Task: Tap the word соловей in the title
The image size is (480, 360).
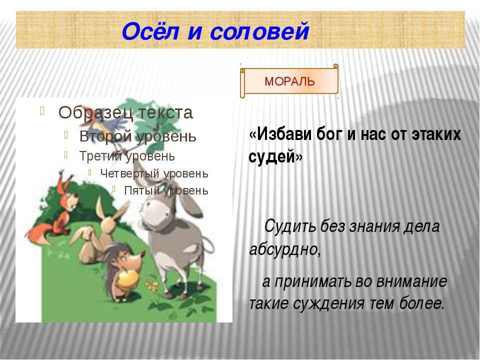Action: pyautogui.click(x=259, y=31)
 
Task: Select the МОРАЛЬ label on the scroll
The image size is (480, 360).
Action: pyautogui.click(x=289, y=81)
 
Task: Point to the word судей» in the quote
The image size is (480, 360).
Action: pyautogui.click(x=275, y=156)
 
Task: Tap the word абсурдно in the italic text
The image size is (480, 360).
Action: pyautogui.click(x=285, y=249)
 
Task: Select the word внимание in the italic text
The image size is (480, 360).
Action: pyautogui.click(x=411, y=281)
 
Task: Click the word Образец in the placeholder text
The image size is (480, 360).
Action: pyautogui.click(x=96, y=112)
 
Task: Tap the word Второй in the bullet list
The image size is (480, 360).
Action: pyautogui.click(x=105, y=136)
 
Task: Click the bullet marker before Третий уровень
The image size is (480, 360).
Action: pyautogui.click(x=66, y=154)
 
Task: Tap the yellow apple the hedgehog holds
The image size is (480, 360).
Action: pyautogui.click(x=127, y=278)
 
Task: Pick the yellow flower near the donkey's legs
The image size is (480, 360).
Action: pyautogui.click(x=152, y=285)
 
